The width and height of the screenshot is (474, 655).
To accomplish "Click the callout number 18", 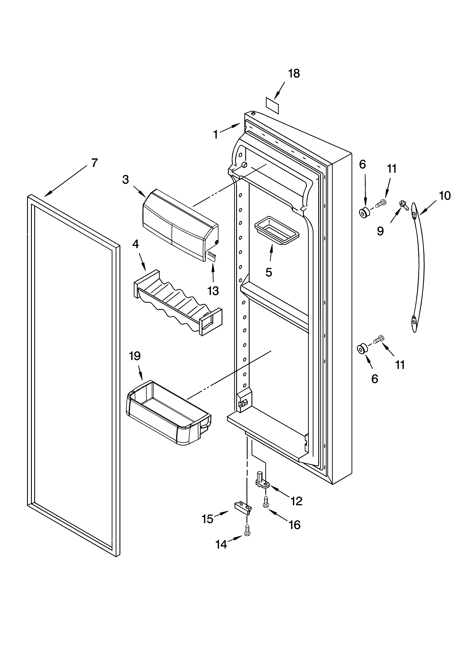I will tap(294, 74).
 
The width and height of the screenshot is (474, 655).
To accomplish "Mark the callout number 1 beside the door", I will tap(215, 134).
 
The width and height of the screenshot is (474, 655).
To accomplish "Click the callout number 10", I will tap(445, 196).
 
